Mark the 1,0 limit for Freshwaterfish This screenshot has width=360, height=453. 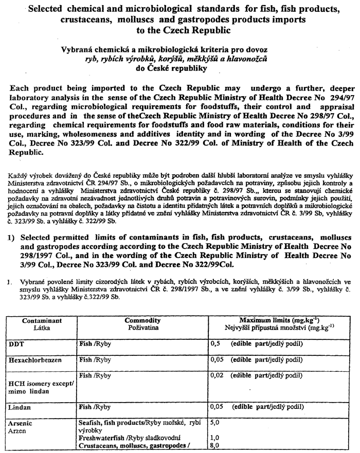click(216, 439)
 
